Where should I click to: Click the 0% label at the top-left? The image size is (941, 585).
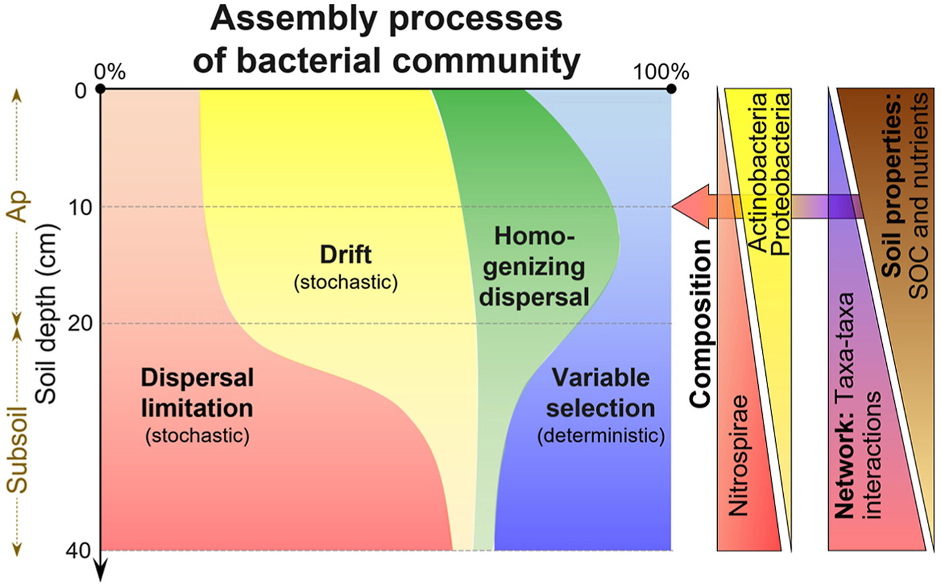(x=110, y=72)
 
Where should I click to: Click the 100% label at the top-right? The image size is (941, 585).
(x=661, y=72)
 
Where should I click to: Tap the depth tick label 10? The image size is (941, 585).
(x=81, y=207)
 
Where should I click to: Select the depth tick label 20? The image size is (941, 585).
(x=81, y=324)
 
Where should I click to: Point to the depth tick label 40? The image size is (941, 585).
(x=79, y=550)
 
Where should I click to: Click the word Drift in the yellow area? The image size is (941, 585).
(x=345, y=255)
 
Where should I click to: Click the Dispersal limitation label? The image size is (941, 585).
(x=197, y=393)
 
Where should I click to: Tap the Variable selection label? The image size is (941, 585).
(x=600, y=393)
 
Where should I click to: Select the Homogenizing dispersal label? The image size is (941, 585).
(x=534, y=267)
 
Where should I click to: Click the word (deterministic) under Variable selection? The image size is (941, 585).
(x=600, y=436)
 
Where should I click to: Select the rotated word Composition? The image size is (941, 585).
(x=700, y=324)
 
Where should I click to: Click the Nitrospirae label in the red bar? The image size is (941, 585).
(x=738, y=456)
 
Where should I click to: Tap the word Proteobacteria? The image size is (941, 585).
(x=781, y=173)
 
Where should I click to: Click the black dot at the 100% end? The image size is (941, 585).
(x=671, y=88)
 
